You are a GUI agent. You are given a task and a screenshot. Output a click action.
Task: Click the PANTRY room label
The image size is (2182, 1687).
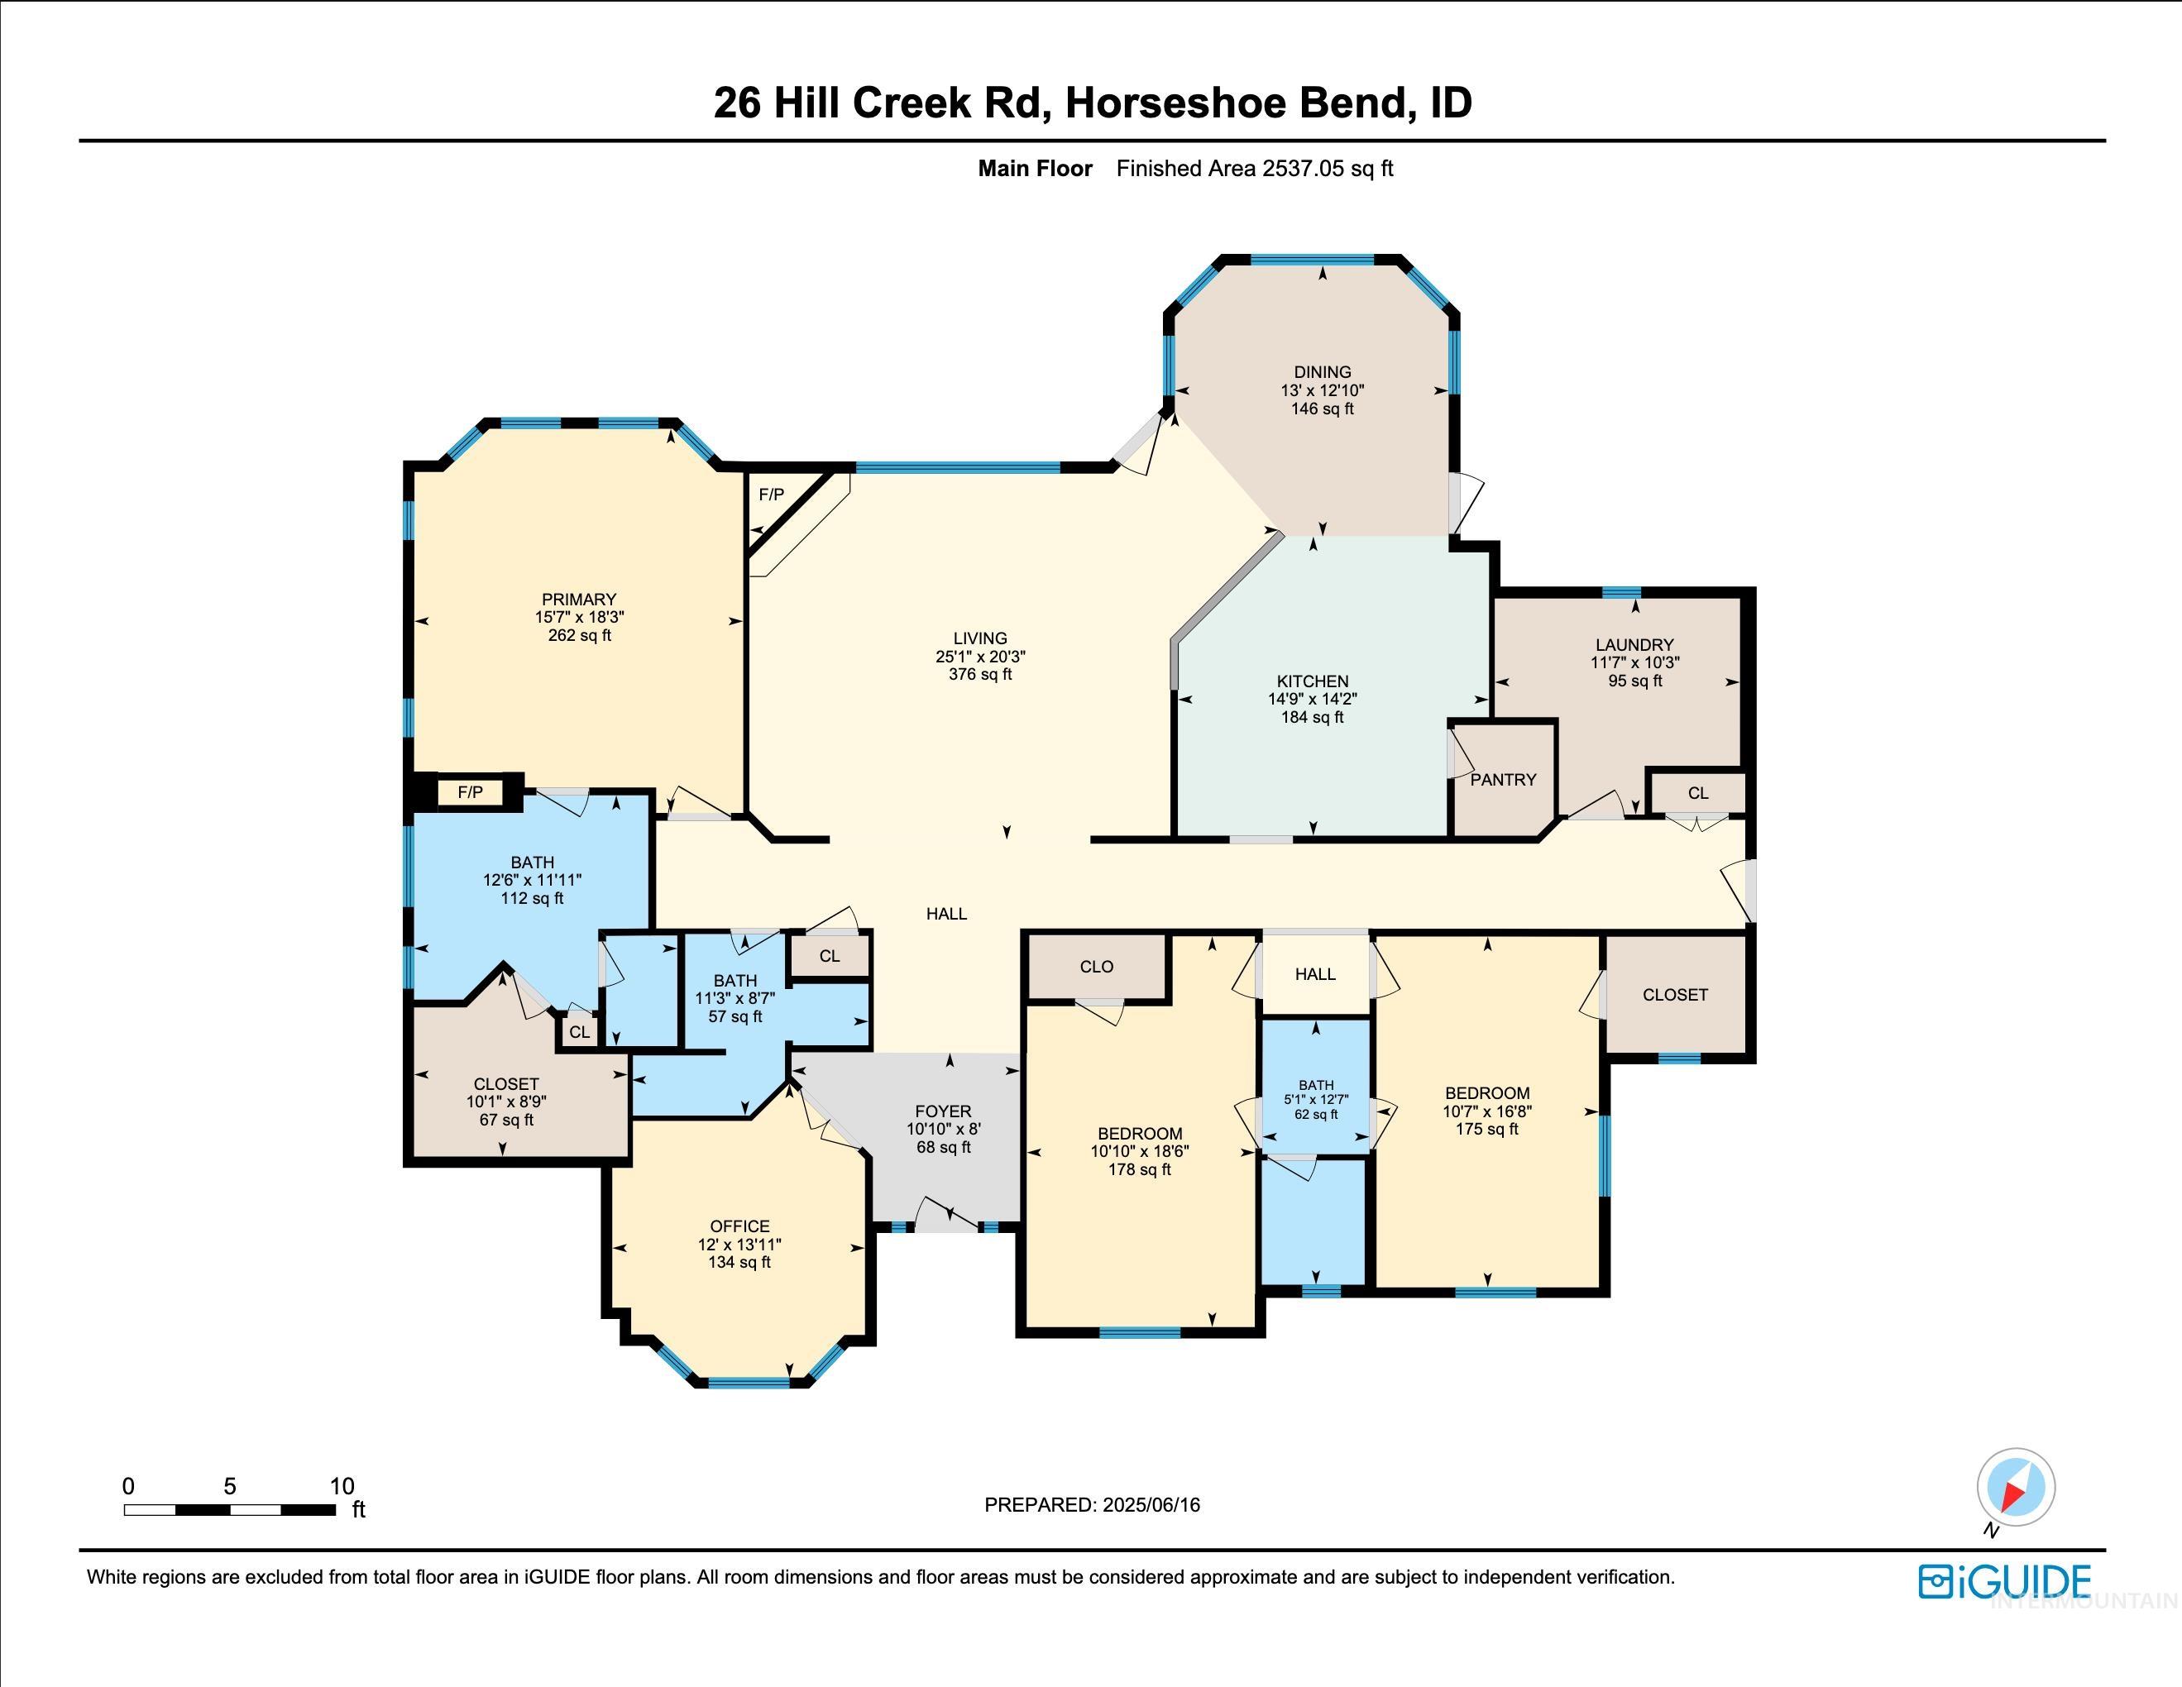[1503, 779]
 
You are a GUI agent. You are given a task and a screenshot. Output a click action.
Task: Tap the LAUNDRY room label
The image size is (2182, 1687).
[1634, 644]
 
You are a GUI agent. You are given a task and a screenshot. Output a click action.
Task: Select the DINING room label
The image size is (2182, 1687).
[1322, 371]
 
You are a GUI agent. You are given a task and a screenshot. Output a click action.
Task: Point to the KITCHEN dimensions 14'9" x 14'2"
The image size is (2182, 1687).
[1312, 699]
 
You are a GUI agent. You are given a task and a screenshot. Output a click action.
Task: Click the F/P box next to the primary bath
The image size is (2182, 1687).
[470, 792]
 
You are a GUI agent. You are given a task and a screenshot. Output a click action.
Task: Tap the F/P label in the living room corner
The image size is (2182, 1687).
[771, 495]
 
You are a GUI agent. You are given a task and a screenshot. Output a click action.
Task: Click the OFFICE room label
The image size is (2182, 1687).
[739, 1226]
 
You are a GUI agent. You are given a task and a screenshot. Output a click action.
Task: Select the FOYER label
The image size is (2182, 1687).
[942, 1111]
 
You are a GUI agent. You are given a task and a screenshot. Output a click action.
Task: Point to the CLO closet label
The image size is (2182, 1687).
[1096, 966]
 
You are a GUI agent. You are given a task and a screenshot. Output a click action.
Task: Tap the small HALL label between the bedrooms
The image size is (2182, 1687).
[1315, 974]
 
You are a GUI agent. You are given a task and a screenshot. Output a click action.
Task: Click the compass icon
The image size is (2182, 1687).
[2015, 1487]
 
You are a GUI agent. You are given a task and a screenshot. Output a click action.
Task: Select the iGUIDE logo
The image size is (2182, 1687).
[2004, 1582]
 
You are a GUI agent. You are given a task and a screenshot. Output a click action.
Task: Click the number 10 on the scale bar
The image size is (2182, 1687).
[342, 1485]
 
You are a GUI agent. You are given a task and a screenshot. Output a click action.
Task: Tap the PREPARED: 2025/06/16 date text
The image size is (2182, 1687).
[1091, 1504]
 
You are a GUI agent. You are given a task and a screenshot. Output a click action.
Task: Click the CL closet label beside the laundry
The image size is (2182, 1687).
[1697, 793]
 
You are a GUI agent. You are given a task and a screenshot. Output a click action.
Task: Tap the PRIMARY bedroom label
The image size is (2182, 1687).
[578, 600]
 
